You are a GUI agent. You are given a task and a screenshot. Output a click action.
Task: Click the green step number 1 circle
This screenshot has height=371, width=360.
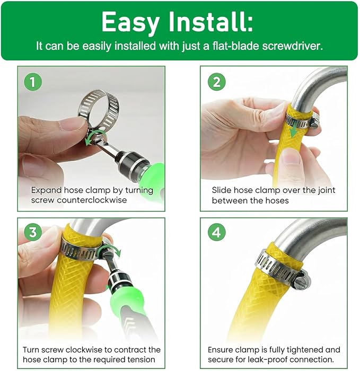33,82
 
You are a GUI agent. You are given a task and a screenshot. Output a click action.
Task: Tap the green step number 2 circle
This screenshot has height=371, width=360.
216,82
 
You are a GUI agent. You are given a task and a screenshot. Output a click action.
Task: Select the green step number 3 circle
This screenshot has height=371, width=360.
33,232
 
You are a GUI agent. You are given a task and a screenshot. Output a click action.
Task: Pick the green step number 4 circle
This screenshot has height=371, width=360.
216,232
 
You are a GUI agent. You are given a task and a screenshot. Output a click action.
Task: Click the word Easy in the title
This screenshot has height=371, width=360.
130,22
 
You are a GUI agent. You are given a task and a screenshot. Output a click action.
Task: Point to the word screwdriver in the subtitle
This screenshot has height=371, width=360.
293,46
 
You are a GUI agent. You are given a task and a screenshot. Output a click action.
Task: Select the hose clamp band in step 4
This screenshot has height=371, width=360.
276,264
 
